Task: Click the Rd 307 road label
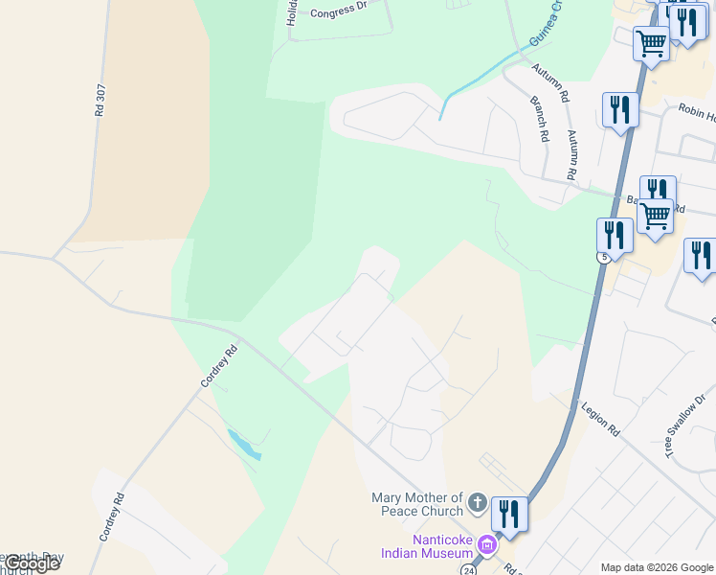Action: (99, 98)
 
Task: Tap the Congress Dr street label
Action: (339, 11)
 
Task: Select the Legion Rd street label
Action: (601, 420)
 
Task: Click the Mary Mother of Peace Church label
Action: (417, 504)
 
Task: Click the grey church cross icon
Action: (478, 504)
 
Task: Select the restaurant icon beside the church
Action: (509, 515)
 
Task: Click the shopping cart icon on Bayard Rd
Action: (656, 217)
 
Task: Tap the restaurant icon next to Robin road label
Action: (620, 109)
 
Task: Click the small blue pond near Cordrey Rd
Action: (243, 444)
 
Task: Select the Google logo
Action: (31, 563)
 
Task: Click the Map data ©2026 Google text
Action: (657, 567)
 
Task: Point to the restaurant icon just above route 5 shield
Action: (615, 235)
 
